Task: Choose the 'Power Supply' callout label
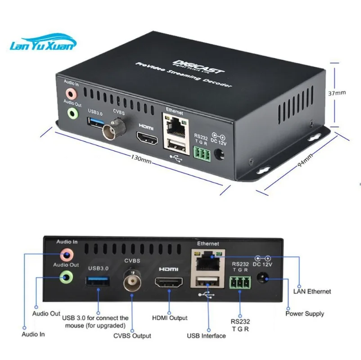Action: (305, 313)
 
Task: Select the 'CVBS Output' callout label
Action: (132, 335)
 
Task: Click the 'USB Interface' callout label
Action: (206, 335)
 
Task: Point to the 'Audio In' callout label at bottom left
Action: (33, 334)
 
